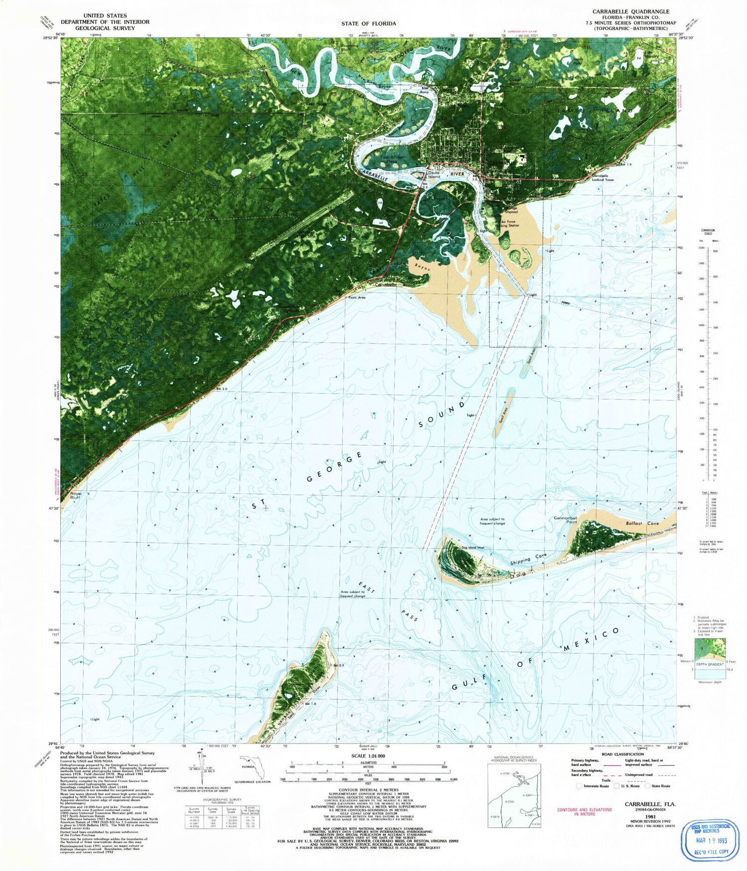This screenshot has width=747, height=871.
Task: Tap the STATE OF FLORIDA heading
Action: point(369,23)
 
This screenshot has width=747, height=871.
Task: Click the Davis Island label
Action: point(434,175)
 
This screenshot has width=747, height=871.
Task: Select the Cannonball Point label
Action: point(565,520)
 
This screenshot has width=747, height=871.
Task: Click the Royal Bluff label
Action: point(75,495)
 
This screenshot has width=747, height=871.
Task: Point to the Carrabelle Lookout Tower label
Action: point(603,178)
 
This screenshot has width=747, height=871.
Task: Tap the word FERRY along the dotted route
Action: point(565,302)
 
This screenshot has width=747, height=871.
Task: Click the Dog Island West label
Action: point(472,547)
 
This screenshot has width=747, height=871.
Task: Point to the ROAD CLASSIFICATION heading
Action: point(622,754)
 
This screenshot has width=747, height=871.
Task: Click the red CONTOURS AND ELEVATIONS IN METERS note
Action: point(584,811)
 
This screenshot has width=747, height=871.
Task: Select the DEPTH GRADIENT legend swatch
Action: point(709,650)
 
